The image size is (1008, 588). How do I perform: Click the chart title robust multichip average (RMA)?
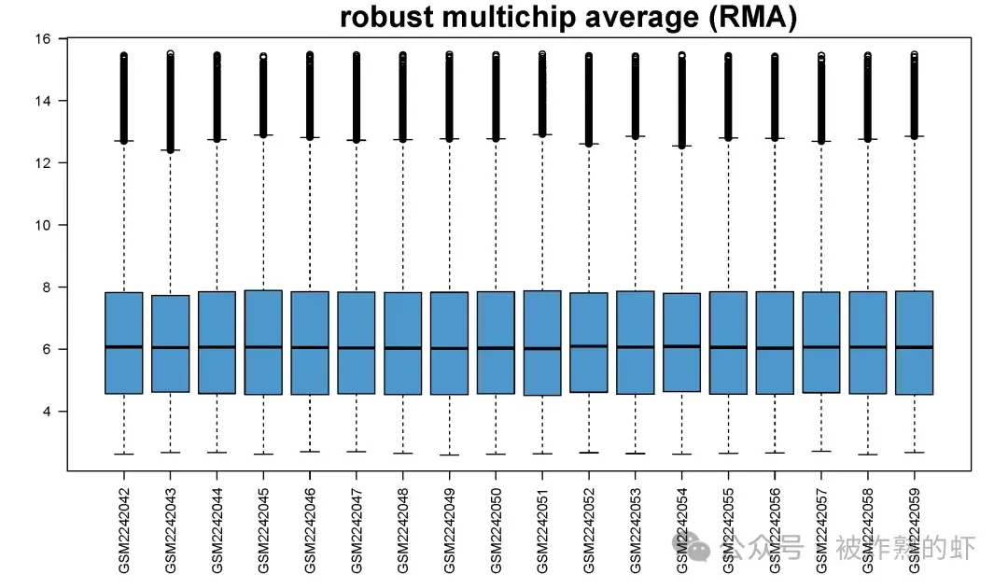tap(567, 17)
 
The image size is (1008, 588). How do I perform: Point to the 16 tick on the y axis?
tap(42, 38)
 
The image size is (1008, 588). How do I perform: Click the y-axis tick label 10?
tap(42, 225)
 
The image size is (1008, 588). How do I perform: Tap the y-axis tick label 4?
tap(45, 411)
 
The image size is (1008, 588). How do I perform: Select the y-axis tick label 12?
tap(42, 162)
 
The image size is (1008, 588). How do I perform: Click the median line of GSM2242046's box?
tap(310, 347)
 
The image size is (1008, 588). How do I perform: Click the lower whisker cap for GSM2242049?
tap(449, 455)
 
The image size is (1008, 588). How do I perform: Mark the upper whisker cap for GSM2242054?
tap(681, 147)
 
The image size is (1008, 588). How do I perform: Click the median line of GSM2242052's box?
tap(589, 346)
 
